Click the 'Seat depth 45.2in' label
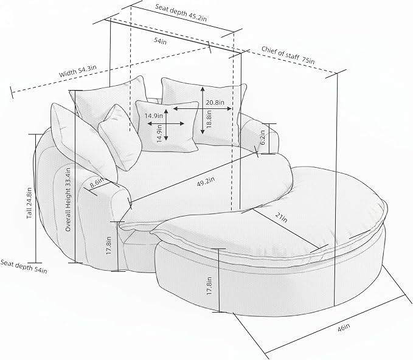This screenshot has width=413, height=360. click(x=181, y=13)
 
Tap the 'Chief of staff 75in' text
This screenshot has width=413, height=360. click(x=288, y=55)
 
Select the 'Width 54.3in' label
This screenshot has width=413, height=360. click(x=78, y=71)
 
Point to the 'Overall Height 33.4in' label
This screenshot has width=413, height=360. click(x=68, y=200)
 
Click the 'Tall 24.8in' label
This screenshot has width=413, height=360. click(x=29, y=202)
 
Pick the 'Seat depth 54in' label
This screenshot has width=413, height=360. click(x=24, y=266)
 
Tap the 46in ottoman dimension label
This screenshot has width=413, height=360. click(x=344, y=328)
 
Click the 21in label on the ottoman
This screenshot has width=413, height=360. click(x=281, y=217)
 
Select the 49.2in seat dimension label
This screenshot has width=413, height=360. click(x=206, y=182)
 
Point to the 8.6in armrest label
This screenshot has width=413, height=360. click(x=97, y=182)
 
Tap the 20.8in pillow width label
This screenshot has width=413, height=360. click(x=215, y=102)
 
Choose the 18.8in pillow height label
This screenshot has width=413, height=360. click(x=209, y=119)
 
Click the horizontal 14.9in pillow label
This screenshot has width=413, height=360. click(x=153, y=116)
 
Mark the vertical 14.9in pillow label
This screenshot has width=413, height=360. click(x=159, y=133)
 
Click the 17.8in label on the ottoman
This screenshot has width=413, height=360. click(x=209, y=286)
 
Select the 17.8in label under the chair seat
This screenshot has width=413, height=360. click(x=109, y=246)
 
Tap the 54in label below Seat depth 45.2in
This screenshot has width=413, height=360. click(x=160, y=41)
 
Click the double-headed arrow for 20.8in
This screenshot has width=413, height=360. click(x=203, y=108)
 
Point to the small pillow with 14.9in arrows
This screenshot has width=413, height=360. click(x=167, y=126)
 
